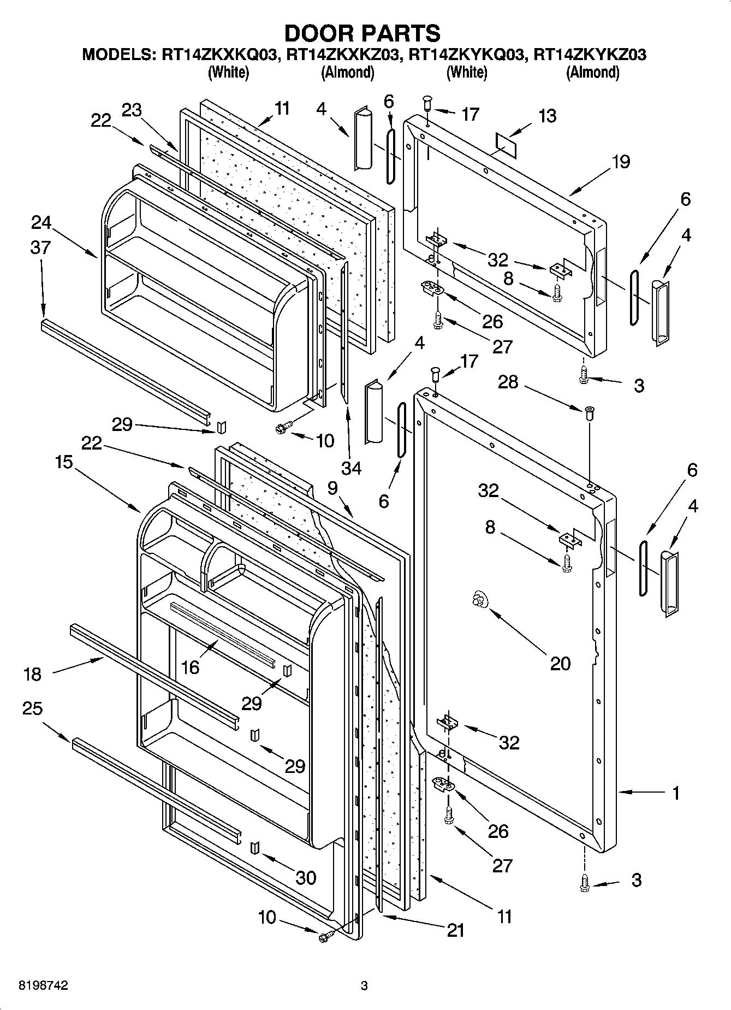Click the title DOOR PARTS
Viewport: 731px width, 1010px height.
coord(362,34)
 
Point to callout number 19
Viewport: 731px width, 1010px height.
coord(620,162)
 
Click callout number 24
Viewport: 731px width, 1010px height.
coord(41,223)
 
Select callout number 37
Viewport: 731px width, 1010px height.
coord(41,247)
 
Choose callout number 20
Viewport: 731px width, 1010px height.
coord(560,663)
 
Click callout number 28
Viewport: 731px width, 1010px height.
coord(508,382)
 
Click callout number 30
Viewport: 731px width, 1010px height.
coord(306,878)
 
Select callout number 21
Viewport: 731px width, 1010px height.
coord(455,930)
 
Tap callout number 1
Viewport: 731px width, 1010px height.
coord(676,793)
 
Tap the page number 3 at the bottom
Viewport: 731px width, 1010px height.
coord(365,986)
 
